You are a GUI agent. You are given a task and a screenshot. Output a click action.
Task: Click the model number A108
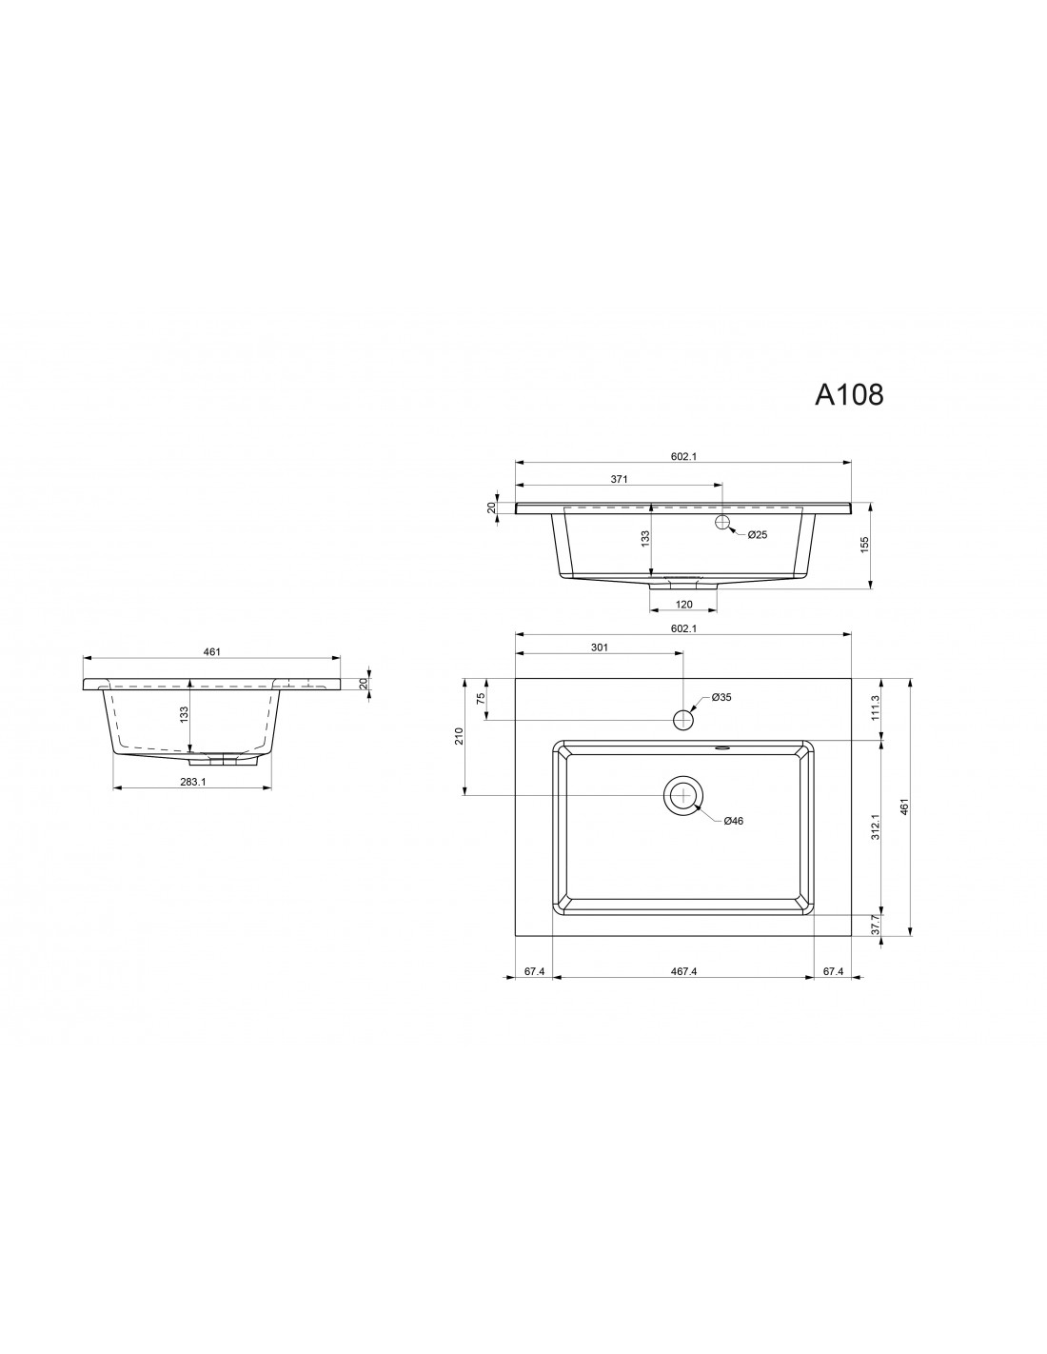coord(849,394)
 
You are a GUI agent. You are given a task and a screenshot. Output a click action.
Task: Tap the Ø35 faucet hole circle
coord(683,720)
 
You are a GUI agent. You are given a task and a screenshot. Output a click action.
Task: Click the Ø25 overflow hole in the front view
coord(722,522)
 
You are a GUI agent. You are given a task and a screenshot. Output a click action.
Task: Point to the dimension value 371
coord(619,479)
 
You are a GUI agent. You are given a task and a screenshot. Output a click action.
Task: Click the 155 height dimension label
coord(863,545)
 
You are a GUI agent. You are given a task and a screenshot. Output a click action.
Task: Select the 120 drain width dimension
coord(683,604)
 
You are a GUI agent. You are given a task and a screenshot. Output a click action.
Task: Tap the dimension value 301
coord(600,647)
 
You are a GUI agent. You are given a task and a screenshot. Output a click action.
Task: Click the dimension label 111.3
coord(876,707)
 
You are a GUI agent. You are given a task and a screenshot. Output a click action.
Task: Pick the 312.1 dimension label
coord(876,826)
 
